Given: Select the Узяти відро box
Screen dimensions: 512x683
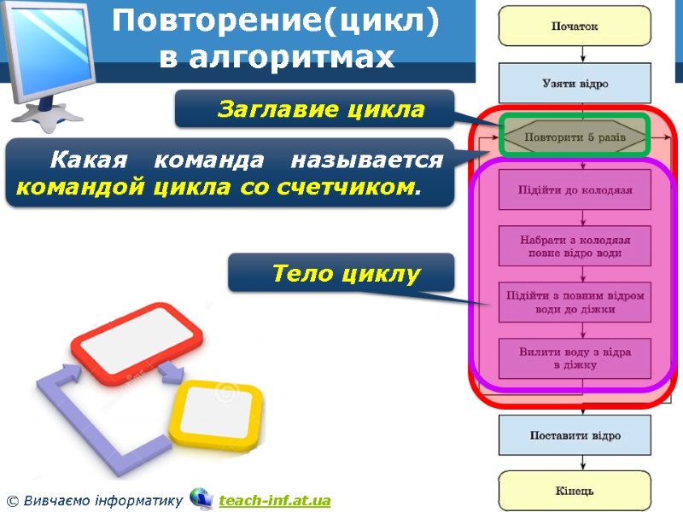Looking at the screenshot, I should click(x=575, y=84).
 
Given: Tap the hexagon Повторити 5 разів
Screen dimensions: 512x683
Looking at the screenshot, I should click(x=575, y=137).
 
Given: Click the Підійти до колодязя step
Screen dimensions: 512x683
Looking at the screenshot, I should click(x=575, y=189).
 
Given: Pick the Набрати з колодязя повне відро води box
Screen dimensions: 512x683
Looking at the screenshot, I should click(x=575, y=246).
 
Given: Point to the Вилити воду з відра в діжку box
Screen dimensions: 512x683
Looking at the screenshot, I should click(x=575, y=358).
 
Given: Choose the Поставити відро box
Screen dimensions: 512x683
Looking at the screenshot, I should click(x=575, y=435).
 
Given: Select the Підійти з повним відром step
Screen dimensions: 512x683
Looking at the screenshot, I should click(x=575, y=302).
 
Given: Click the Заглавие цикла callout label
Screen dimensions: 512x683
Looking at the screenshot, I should click(x=320, y=109).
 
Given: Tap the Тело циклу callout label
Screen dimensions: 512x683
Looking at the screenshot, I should click(x=346, y=274).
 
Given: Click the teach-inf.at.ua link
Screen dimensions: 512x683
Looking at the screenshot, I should click(x=274, y=500).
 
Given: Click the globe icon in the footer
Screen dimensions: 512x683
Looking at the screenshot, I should click(x=201, y=497).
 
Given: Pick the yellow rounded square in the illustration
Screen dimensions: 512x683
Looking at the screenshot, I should click(x=215, y=412).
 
